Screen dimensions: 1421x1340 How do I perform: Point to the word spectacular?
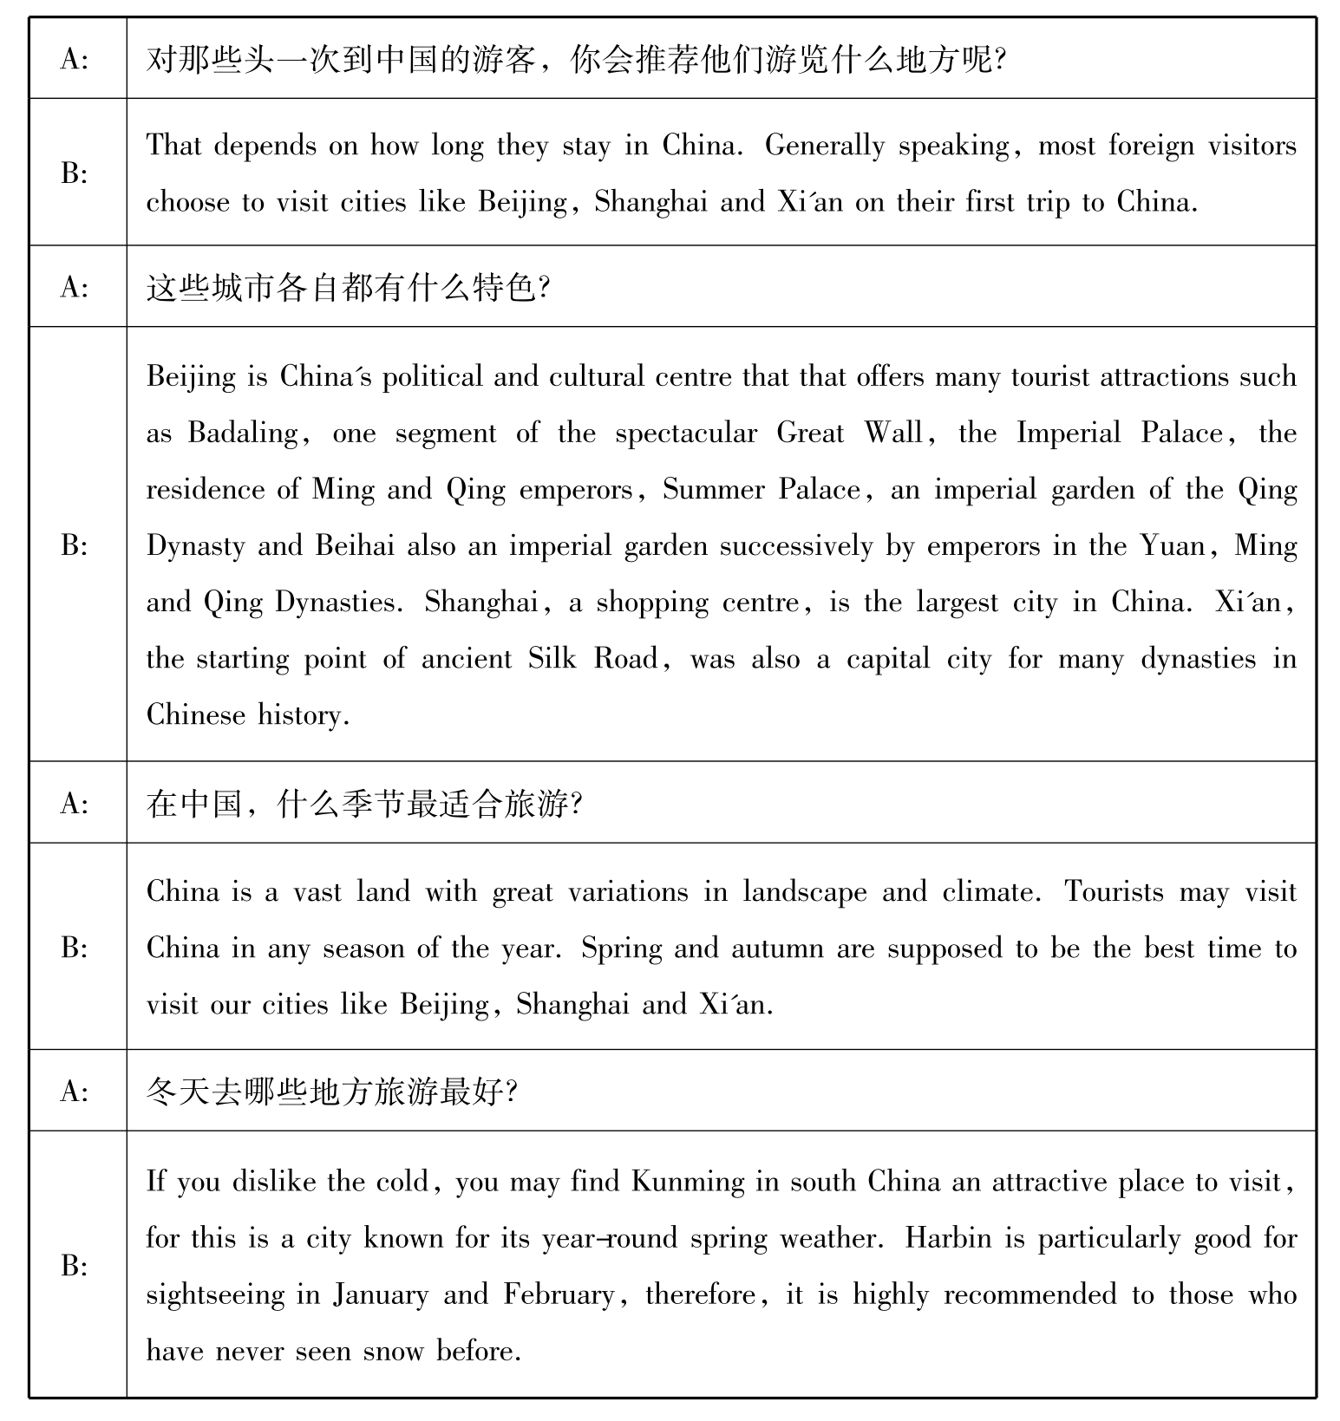686,433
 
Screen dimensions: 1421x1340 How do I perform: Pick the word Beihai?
355,546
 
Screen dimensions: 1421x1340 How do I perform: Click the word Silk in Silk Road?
552,659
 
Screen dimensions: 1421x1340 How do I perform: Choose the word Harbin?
948,1238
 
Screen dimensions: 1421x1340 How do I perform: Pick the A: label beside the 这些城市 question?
75,287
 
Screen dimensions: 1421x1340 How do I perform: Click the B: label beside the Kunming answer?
75,1267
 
